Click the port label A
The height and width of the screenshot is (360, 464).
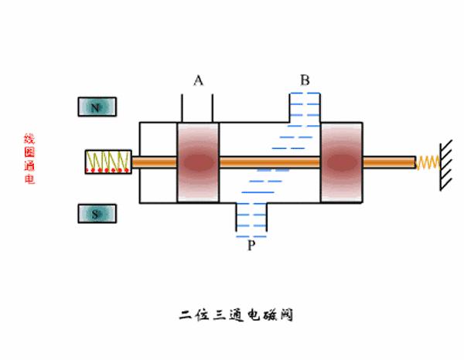click(x=199, y=80)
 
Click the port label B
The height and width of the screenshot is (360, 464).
click(x=305, y=80)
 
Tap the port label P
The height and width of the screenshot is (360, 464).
click(x=251, y=245)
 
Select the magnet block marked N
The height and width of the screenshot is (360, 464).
click(x=96, y=107)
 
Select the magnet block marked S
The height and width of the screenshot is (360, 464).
click(x=96, y=214)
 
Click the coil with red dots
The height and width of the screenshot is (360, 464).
click(x=107, y=161)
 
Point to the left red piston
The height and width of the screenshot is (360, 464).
click(x=199, y=162)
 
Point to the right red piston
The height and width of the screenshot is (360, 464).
click(x=341, y=162)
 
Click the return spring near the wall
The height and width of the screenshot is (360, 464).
click(x=428, y=162)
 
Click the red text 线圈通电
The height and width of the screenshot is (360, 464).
click(x=29, y=158)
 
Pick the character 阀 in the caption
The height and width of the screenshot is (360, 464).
click(x=286, y=315)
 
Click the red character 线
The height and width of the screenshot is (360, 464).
click(x=29, y=139)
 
